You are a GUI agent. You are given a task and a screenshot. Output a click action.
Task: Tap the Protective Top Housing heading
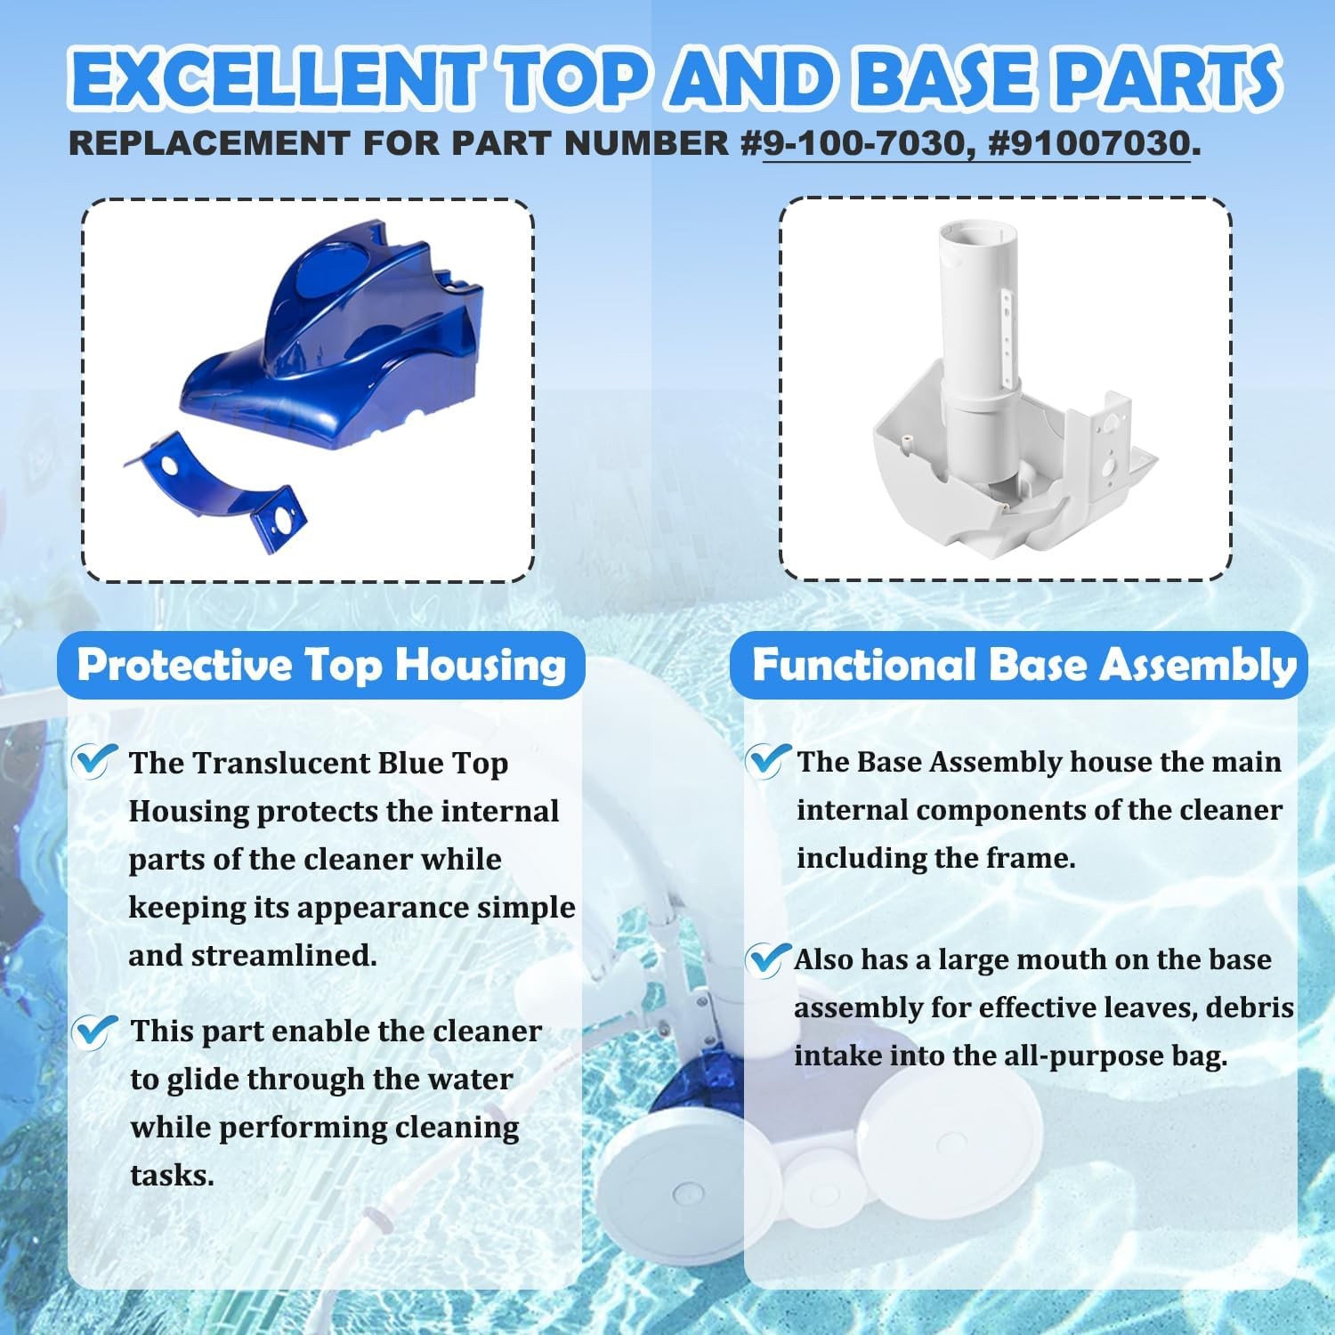click(321, 666)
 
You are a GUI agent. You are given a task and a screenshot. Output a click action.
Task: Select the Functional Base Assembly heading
click(1023, 665)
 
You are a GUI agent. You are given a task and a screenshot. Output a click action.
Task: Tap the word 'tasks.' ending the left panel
click(172, 1176)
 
